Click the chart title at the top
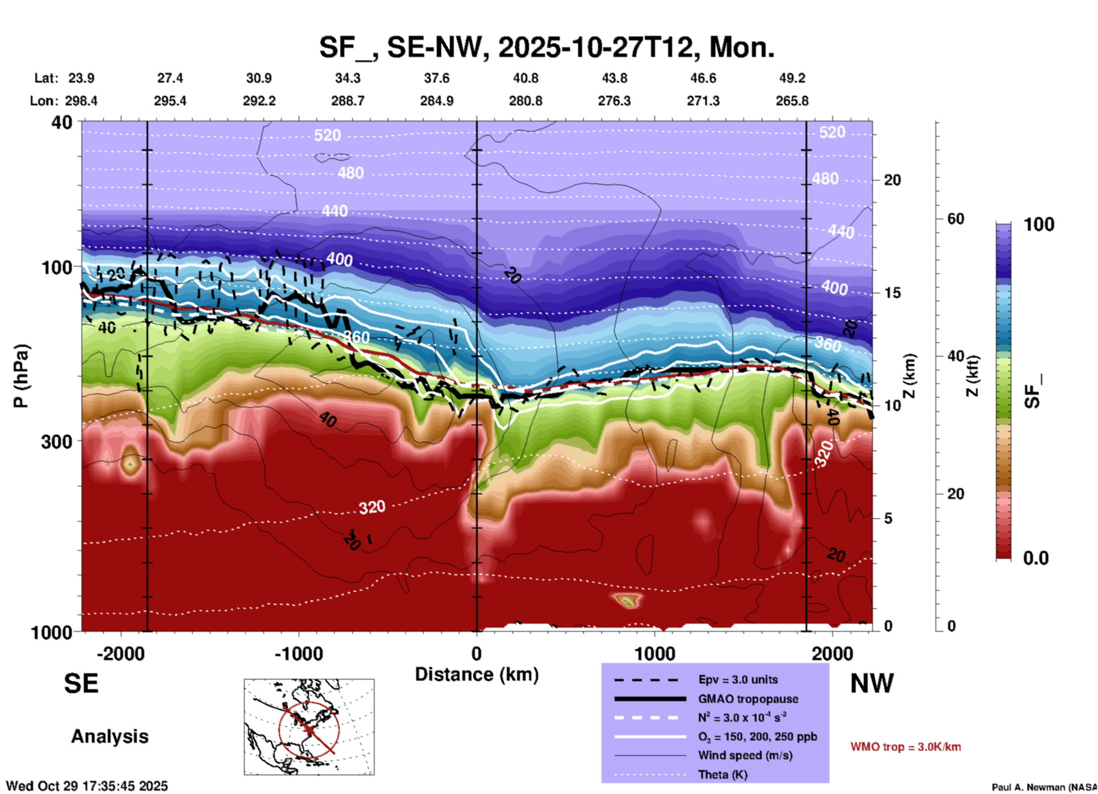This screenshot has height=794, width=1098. pos(546,47)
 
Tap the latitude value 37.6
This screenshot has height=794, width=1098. pos(437,78)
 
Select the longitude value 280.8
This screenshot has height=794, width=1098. pos(526,101)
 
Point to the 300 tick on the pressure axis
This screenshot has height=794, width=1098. pos(57,441)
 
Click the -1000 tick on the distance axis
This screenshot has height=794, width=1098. pos(299,654)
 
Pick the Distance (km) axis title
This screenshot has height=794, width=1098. pos(477,674)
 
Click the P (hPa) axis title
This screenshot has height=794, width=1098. pos(21,376)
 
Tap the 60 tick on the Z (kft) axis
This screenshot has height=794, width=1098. pos(955,219)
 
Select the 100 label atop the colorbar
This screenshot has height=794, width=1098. pos(1039,224)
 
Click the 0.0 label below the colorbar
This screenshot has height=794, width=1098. pos(1036,558)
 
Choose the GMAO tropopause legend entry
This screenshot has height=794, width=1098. pos(748,699)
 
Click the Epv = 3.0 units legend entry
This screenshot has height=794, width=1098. pos(738,680)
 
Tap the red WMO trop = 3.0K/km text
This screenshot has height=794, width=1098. pos(905,747)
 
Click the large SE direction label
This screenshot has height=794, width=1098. pos(81,684)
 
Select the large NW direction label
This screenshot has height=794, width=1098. pos(872,684)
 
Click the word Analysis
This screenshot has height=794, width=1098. pos(109,736)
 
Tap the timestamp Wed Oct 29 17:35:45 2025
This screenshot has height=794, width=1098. pos(87,786)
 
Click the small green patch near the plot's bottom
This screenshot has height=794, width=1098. pos(628,600)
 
